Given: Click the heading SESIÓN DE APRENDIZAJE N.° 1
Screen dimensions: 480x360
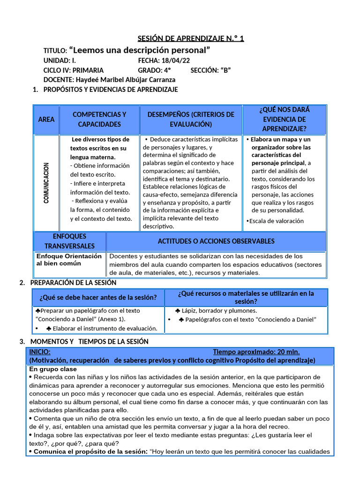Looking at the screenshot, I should tap(190, 38).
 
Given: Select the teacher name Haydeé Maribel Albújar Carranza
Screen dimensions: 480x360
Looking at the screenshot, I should tap(125, 80).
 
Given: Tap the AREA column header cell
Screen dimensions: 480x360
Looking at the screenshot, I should tap(46, 120).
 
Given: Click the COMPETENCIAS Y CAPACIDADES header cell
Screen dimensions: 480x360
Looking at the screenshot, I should tap(99, 120).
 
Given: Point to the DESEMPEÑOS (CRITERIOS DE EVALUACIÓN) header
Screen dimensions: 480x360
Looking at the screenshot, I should tap(191, 120).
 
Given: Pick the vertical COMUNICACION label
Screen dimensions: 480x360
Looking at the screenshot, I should tap(46, 183).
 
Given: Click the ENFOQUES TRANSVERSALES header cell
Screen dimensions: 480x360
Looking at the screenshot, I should tap(69, 241).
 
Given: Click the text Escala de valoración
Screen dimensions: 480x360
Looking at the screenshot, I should tap(277, 221).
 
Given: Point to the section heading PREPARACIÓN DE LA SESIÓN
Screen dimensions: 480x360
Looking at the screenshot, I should tap(73, 283).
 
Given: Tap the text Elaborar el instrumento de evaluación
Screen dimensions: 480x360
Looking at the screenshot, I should tap(105, 328).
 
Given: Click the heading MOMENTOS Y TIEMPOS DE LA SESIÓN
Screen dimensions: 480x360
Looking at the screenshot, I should tap(89, 341).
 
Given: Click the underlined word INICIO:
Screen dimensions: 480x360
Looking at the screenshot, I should tap(40, 352).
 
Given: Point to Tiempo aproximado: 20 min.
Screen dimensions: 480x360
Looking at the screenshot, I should tap(256, 352).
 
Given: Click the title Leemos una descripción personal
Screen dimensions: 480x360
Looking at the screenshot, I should tap(139, 50).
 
